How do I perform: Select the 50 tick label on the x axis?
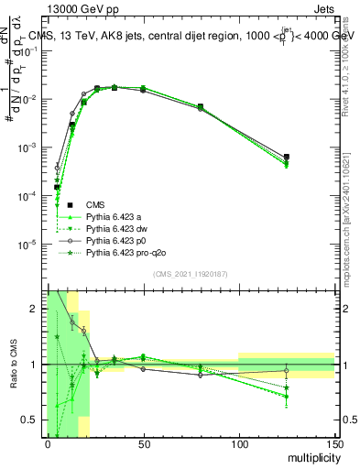(143, 444)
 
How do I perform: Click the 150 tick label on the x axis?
(334, 444)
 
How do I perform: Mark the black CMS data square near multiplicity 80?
(201, 107)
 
